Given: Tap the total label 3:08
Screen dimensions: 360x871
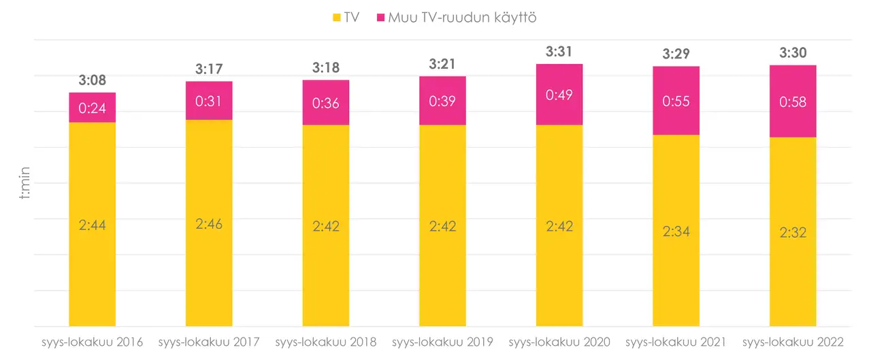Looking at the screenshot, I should click(x=93, y=81).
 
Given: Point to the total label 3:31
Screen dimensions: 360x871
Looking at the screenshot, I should click(x=559, y=52).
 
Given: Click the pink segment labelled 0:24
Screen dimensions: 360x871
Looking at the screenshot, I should click(x=93, y=108).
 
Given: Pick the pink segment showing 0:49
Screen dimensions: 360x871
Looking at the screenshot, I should click(x=559, y=95).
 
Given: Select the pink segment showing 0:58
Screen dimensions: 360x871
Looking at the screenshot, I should click(x=793, y=101).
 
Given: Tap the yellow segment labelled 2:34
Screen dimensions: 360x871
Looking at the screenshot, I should click(x=676, y=231).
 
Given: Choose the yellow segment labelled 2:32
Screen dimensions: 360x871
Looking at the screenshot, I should click(x=793, y=232).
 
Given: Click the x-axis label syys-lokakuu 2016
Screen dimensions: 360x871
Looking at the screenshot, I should click(x=92, y=342).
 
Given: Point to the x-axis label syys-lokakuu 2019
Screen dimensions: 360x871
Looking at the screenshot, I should click(x=442, y=342).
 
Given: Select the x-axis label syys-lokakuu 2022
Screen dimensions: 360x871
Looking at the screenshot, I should click(x=793, y=342).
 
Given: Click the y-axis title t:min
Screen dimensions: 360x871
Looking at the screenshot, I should click(x=24, y=184).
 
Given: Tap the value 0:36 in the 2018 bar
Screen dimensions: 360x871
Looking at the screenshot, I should click(x=326, y=103).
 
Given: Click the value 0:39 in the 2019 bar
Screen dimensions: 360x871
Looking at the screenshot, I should click(x=442, y=101).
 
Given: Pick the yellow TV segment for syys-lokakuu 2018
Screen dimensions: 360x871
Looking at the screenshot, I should click(x=326, y=225).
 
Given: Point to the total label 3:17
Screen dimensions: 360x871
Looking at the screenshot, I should click(x=209, y=69).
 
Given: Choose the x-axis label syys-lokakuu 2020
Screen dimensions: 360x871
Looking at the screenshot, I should click(x=559, y=342).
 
